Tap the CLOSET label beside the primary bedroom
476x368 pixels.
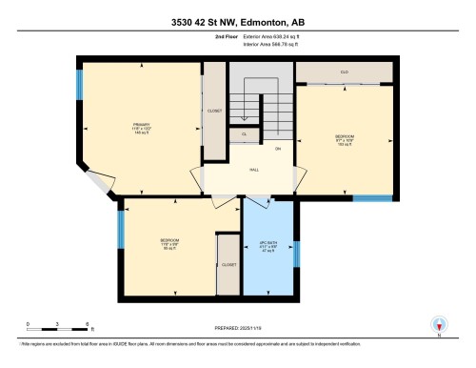214,112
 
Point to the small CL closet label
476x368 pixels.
244,134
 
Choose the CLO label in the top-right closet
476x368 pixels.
344,72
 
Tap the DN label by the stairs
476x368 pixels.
278,150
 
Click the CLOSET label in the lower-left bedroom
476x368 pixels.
228,264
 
